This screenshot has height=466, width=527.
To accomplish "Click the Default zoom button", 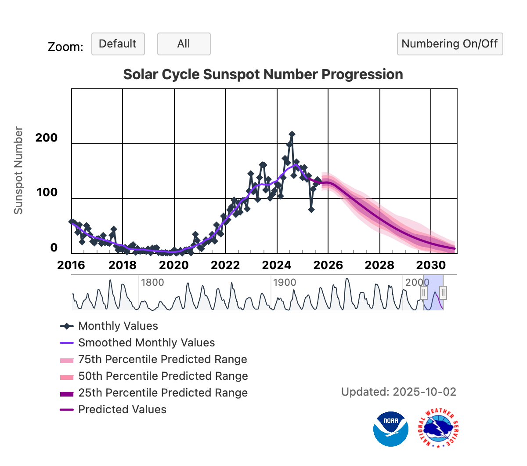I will click(118, 44).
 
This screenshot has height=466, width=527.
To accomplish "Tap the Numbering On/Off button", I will click(450, 44).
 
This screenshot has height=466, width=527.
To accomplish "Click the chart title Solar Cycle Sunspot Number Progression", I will click(263, 74).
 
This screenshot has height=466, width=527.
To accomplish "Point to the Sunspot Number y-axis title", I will click(18, 171).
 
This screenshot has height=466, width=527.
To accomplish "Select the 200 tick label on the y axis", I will click(47, 138).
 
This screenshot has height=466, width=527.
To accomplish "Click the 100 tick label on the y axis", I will click(47, 192).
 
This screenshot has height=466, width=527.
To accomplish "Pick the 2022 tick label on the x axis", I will click(225, 265).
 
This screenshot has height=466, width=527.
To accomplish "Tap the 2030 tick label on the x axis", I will click(431, 265).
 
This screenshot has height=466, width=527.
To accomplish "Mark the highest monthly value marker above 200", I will click(292, 134).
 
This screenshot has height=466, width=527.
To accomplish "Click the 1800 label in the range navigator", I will click(152, 282).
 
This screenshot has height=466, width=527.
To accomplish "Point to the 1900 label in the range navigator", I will click(285, 282).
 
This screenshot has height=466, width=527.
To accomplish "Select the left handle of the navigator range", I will click(424, 293).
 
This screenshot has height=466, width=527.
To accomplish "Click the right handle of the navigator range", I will click(443, 293).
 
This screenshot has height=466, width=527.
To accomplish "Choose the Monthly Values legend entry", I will click(118, 326).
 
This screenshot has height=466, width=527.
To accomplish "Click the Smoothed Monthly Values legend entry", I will click(146, 343).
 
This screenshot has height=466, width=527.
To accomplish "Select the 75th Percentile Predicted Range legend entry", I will click(162, 360).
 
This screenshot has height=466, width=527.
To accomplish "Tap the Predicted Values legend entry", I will click(122, 410).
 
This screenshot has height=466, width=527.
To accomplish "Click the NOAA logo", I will click(390, 429).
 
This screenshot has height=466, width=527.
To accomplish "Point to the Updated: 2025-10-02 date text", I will click(398, 392).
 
